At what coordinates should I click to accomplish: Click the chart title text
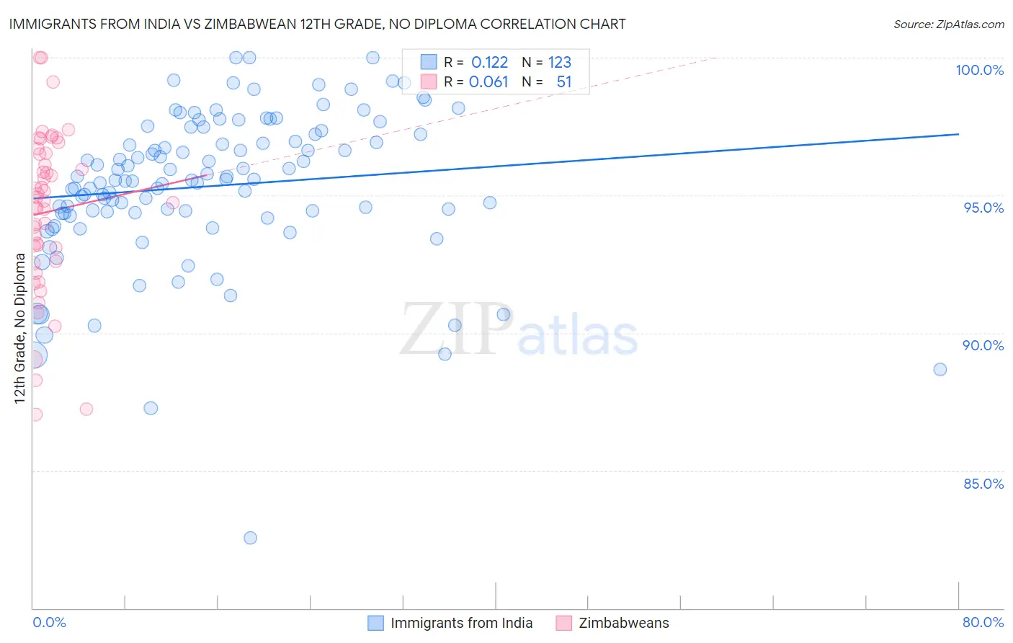click(x=317, y=24)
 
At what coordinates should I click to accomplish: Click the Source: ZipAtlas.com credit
click(x=948, y=24)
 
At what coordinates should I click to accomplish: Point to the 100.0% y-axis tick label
click(x=979, y=70)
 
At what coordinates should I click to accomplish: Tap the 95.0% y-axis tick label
click(x=983, y=208)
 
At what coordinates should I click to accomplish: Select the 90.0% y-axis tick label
click(x=983, y=345)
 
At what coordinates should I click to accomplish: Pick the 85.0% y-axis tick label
click(x=983, y=484)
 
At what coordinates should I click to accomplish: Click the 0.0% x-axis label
click(x=49, y=622)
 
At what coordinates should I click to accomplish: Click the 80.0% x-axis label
click(x=983, y=622)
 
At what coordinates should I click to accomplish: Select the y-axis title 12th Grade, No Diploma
click(x=19, y=328)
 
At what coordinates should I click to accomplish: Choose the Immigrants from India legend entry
click(x=461, y=623)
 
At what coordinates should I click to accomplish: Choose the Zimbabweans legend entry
click(x=623, y=623)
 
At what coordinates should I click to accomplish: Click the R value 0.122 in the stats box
click(x=489, y=63)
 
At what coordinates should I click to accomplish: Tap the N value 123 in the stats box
click(x=560, y=63)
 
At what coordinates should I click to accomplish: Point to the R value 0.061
click(x=488, y=82)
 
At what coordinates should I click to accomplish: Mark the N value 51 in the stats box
click(x=564, y=82)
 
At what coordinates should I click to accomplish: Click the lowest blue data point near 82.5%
click(x=250, y=538)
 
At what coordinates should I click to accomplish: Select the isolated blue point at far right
click(x=940, y=369)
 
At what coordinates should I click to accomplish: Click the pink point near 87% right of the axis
click(x=86, y=409)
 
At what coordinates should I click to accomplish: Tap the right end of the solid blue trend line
click(x=958, y=134)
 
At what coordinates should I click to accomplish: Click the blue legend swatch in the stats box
click(x=429, y=62)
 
